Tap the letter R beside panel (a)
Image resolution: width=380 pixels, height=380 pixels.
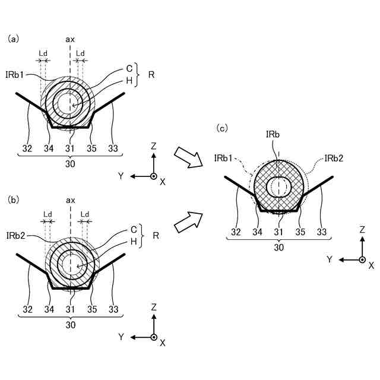pyautogui.click(x=151, y=75)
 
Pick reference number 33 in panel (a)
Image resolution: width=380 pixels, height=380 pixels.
pyautogui.click(x=112, y=148)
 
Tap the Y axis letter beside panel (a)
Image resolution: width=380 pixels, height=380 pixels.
pyautogui.click(x=121, y=176)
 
